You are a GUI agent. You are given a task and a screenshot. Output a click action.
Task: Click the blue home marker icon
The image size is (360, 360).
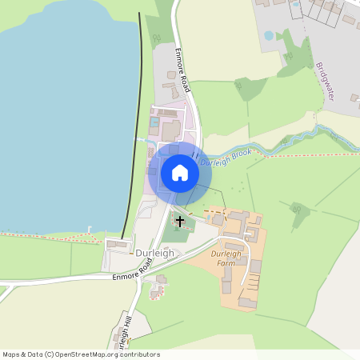point(180,172)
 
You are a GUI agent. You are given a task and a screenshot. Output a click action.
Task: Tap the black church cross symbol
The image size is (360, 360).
point(180,221)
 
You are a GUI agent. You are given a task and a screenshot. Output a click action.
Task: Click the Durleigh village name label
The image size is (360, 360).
point(154,253)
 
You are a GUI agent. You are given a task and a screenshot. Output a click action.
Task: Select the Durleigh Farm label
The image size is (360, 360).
point(226,258)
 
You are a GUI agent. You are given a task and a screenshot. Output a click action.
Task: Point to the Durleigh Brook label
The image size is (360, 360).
point(226,156)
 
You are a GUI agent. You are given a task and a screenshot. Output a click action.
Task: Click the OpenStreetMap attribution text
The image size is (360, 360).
point(81,354)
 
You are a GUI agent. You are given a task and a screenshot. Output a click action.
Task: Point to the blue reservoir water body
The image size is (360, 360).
point(64,120)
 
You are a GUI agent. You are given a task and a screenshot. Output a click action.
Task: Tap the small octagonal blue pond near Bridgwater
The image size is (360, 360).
point(269,36)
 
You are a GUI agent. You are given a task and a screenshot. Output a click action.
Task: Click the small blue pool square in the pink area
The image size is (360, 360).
point(154,122)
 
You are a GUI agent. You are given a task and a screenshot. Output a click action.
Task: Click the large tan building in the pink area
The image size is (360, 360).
point(171,130)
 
